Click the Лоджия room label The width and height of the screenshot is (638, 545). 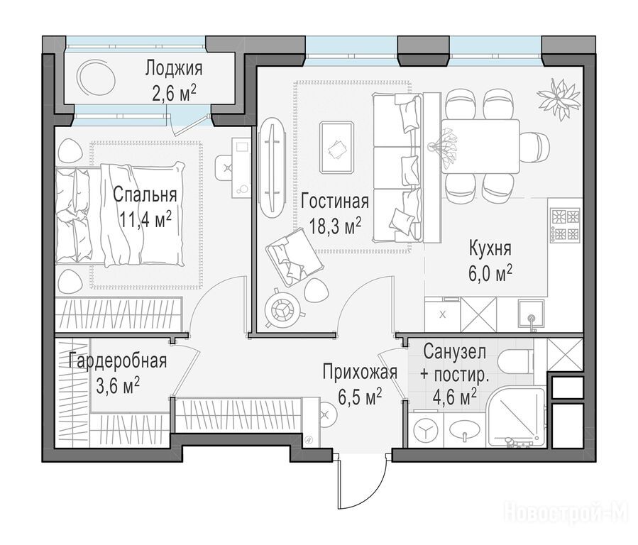(174, 68)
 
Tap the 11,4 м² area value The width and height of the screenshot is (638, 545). (145, 219)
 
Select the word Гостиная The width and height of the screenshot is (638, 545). (335, 202)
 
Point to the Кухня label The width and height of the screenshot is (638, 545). (490, 248)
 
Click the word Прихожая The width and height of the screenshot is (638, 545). (360, 372)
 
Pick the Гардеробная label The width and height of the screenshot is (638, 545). (118, 360)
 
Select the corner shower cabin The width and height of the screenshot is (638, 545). (517, 418)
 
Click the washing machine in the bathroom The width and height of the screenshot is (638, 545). (426, 432)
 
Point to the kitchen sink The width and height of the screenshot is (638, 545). (531, 312)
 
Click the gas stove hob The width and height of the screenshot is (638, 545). (565, 225)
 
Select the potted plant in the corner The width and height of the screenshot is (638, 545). (559, 98)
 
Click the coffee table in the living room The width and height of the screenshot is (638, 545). (336, 147)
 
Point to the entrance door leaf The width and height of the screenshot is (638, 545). (339, 480)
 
